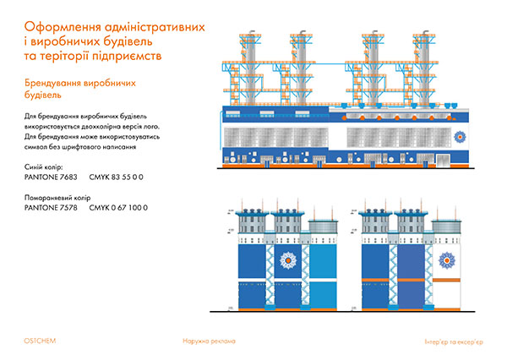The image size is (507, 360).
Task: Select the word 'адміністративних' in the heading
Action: point(154,27)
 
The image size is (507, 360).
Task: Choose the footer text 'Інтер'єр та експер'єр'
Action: point(454,341)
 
